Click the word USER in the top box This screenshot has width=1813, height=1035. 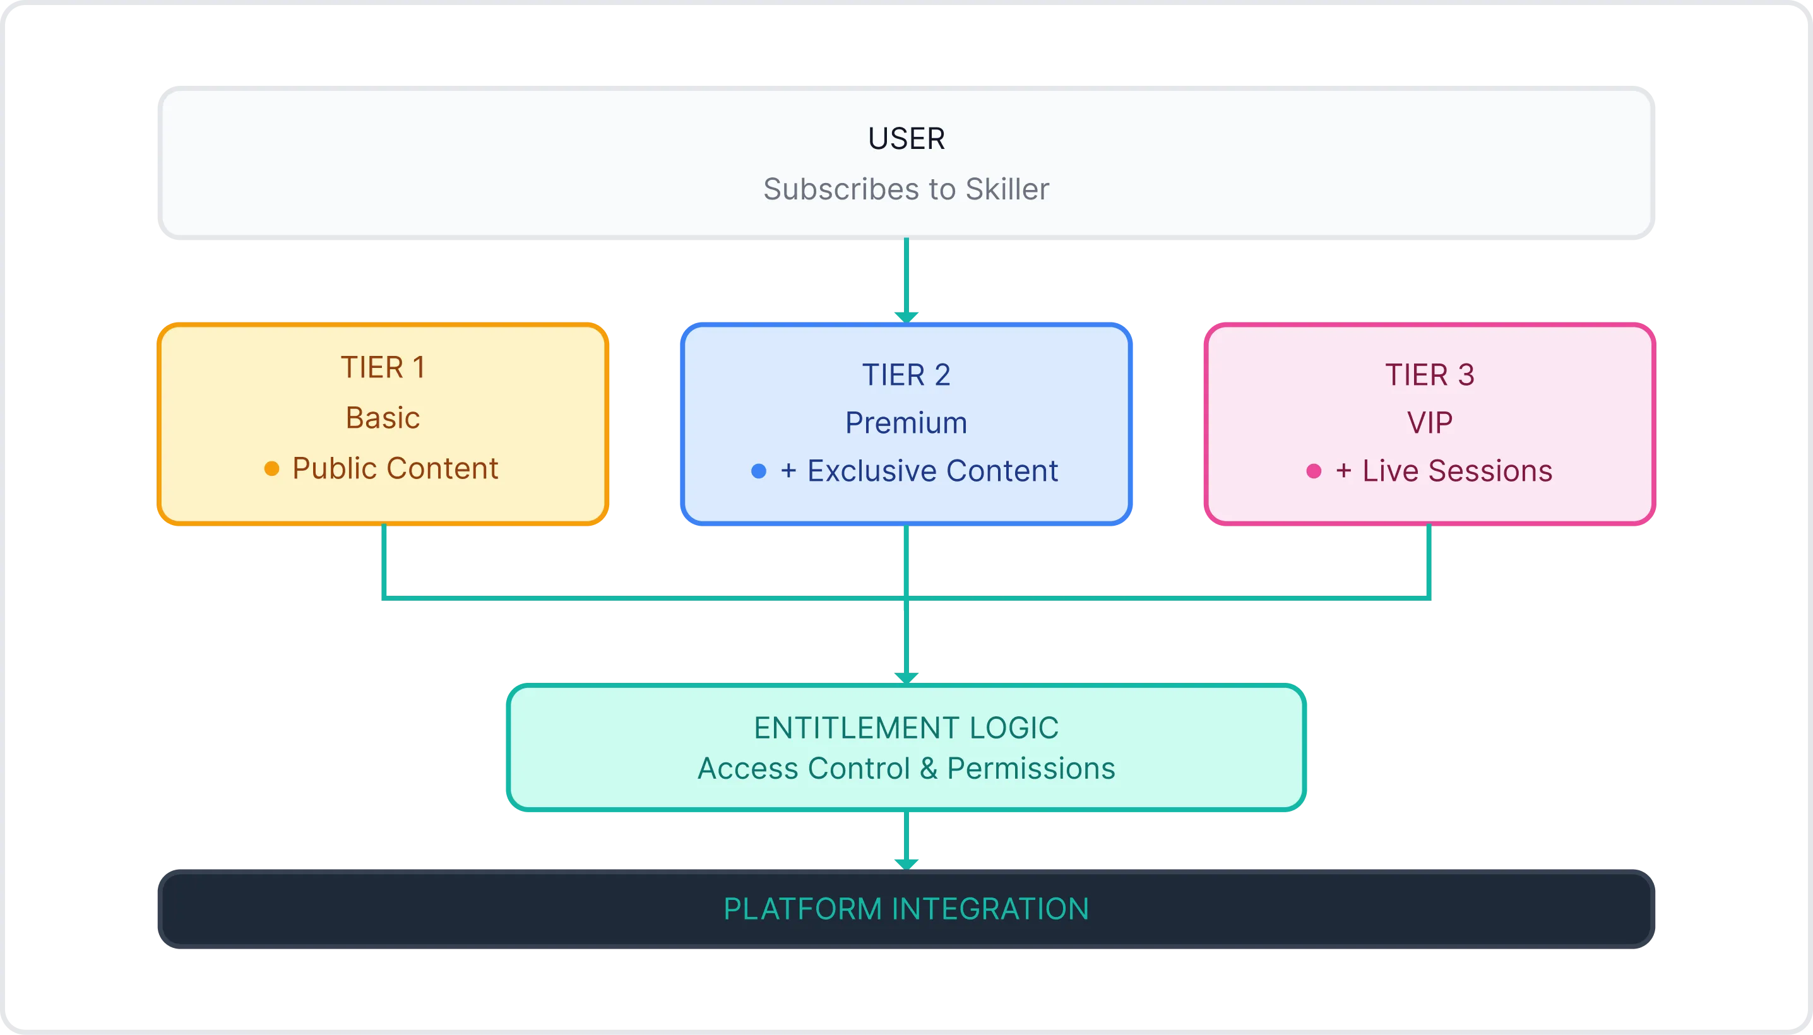[x=906, y=139]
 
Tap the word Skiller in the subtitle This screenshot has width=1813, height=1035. [x=1007, y=189]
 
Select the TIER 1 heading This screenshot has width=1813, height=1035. [x=383, y=367]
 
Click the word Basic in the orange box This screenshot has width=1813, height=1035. [x=383, y=418]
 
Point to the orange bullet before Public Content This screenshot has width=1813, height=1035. [x=271, y=468]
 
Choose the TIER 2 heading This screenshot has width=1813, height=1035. [x=906, y=375]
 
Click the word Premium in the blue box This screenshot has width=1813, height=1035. [x=906, y=423]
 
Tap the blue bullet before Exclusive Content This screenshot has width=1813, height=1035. [x=759, y=471]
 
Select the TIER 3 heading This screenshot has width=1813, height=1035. [x=1429, y=375]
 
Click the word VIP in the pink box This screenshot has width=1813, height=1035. [x=1429, y=423]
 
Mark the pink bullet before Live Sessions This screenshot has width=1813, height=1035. [x=1314, y=471]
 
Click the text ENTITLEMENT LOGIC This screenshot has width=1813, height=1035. [x=906, y=728]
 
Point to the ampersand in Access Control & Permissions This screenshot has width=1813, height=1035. [x=929, y=769]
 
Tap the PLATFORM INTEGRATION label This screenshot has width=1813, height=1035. [x=906, y=909]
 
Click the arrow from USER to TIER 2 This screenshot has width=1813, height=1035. [x=906, y=277]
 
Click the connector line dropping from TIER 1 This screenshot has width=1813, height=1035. [x=384, y=562]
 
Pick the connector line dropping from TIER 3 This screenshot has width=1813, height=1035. [x=1429, y=562]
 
